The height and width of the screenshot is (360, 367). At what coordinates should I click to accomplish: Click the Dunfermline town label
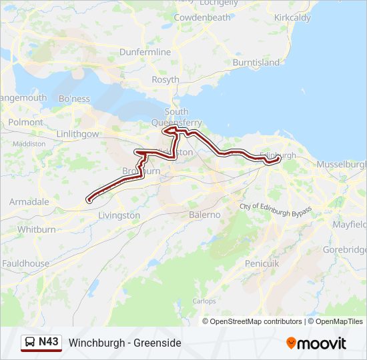click(145, 52)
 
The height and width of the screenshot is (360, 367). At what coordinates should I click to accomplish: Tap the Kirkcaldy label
click(292, 18)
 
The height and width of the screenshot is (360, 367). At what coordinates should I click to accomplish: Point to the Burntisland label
click(256, 63)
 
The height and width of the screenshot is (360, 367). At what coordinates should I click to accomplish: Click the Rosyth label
click(165, 79)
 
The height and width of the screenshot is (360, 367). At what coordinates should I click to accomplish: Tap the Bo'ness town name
click(74, 99)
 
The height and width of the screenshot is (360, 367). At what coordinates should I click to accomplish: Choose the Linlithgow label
click(78, 134)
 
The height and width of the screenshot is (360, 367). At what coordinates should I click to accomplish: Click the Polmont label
click(26, 123)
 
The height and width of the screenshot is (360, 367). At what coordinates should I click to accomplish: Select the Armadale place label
click(29, 201)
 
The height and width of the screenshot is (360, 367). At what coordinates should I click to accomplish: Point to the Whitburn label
click(36, 229)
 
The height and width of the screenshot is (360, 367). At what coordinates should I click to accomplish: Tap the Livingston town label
click(119, 216)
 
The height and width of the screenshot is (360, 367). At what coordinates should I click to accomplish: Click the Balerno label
click(204, 215)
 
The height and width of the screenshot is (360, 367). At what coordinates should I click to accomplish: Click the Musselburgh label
click(342, 164)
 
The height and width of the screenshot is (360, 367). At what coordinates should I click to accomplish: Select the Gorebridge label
click(346, 249)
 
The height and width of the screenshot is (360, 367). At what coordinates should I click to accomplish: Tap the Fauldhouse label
click(25, 263)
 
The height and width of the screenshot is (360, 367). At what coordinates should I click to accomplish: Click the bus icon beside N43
click(30, 343)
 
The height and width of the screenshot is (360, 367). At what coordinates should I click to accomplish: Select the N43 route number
click(49, 342)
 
